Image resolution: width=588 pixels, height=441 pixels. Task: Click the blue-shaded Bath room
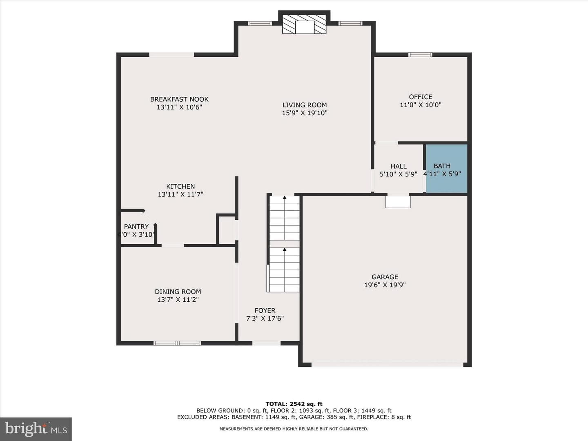(x=447, y=168)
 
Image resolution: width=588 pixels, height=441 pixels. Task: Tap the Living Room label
(x=305, y=105)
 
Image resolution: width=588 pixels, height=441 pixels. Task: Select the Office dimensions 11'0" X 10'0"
(x=421, y=105)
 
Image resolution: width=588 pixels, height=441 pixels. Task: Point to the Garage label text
(x=385, y=277)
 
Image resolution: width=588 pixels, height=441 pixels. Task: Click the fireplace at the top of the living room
(x=304, y=24)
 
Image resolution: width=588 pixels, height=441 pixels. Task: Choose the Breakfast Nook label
(x=179, y=99)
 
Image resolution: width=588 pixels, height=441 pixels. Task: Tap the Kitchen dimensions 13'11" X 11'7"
(x=180, y=194)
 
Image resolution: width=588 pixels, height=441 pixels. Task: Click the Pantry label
(x=136, y=227)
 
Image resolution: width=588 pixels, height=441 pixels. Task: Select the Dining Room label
(x=178, y=292)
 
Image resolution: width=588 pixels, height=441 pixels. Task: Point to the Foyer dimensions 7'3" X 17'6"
(x=265, y=318)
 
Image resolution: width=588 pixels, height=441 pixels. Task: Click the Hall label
(x=399, y=166)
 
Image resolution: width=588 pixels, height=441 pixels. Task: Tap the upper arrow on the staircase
(x=285, y=198)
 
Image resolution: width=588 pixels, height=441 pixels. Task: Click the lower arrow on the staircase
(x=285, y=249)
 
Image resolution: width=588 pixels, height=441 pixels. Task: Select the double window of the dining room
(x=177, y=343)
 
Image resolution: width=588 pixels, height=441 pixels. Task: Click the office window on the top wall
(x=420, y=55)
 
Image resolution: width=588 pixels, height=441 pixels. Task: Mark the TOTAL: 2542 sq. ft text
(x=294, y=404)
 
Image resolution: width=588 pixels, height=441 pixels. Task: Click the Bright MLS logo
(x=36, y=429)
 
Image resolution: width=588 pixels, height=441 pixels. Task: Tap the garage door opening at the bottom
(x=388, y=365)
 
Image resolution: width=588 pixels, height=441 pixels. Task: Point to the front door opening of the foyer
(x=266, y=343)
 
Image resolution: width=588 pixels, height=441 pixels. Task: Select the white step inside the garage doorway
(x=398, y=202)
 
